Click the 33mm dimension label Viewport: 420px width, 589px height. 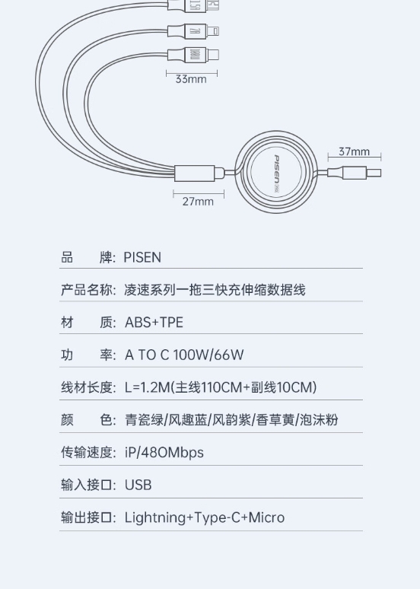coord(191,79)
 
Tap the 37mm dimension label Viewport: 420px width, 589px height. coord(355,151)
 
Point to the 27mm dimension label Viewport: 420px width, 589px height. coord(198,202)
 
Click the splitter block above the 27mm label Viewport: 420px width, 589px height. coord(195,174)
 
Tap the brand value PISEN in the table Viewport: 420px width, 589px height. coord(142,258)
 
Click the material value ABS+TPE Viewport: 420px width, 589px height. coord(154,323)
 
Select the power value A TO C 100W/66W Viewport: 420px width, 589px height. coord(184,355)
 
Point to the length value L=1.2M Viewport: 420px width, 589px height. coord(148,387)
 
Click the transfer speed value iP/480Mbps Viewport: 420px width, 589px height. coord(164,453)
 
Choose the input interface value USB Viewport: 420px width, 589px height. coord(138,485)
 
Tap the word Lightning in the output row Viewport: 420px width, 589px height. coord(154,518)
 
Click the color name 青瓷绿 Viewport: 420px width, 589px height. coord(144,420)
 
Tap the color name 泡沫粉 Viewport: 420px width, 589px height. coord(319,420)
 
